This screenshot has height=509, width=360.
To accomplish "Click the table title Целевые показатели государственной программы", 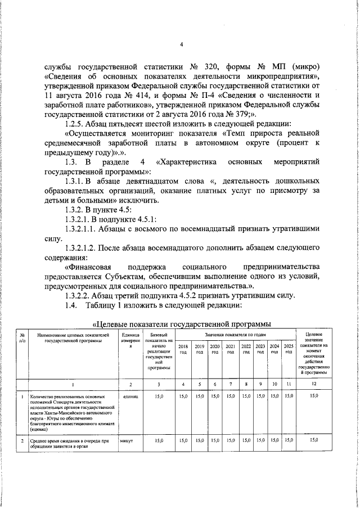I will click(x=181, y=324).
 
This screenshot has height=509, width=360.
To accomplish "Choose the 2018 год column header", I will click(x=183, y=349).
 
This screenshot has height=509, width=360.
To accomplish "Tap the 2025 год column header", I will click(x=289, y=349).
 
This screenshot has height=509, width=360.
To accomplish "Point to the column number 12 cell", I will click(x=314, y=384).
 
